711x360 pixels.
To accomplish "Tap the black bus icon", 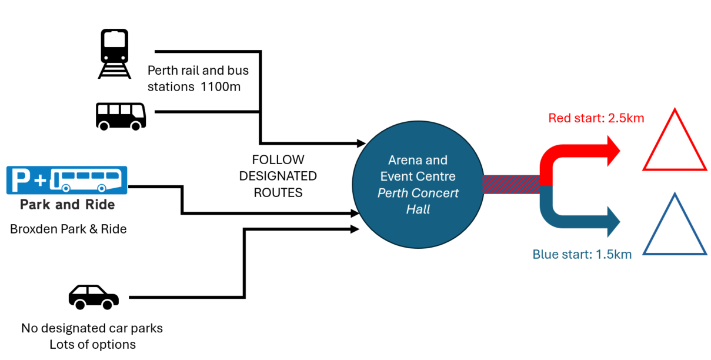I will [121, 115].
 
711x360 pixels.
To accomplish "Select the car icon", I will [94, 297].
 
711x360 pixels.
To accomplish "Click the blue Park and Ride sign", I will [66, 180].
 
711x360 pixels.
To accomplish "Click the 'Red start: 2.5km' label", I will [596, 118].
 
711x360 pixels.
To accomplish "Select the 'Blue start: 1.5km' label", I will [582, 255].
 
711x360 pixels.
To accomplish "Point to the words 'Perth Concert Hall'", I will [418, 201].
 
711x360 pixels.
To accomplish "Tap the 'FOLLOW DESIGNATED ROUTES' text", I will [278, 176].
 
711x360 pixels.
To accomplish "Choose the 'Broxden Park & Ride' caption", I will [68, 229].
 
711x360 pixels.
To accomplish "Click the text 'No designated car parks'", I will [92, 328].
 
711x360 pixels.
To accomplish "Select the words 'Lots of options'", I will [92, 345].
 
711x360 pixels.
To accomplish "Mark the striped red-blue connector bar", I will [510, 184].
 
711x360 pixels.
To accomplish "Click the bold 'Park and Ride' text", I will [67, 205].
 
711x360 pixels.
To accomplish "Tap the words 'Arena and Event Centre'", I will [418, 168].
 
